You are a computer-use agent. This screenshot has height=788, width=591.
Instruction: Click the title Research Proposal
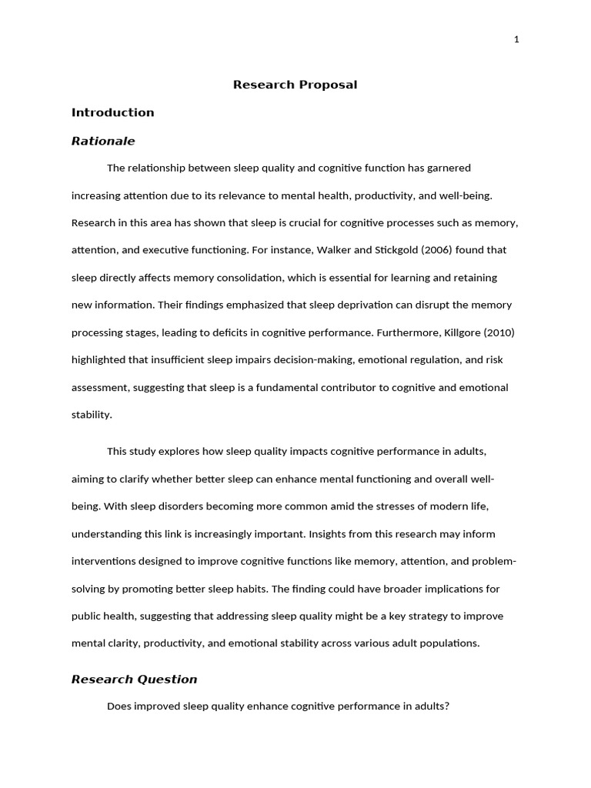point(295,85)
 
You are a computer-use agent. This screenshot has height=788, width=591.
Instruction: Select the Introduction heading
point(113,112)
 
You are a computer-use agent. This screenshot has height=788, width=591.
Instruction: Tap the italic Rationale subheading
point(103,141)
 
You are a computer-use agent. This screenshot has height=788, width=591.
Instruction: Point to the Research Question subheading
point(135,679)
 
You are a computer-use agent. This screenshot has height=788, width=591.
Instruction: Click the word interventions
point(104,562)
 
